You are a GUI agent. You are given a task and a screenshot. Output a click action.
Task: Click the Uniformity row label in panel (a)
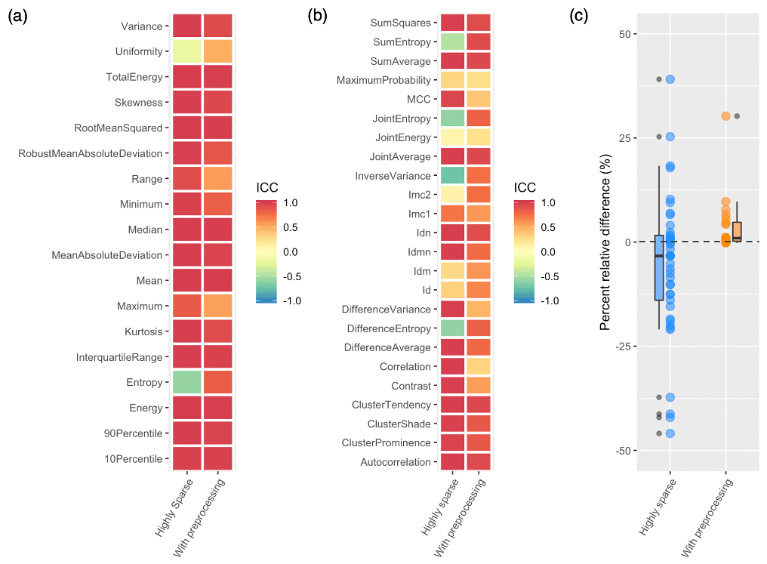139,51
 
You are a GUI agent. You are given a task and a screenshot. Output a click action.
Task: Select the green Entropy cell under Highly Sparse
186,382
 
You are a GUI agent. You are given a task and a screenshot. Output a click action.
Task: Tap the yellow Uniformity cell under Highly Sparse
186,51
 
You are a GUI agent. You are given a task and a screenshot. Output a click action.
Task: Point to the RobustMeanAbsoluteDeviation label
91,153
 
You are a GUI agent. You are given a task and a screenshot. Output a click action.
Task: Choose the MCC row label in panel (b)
418,99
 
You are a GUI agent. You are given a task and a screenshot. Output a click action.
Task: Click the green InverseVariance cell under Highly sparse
452,175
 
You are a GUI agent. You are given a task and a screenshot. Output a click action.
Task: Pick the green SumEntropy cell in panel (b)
452,42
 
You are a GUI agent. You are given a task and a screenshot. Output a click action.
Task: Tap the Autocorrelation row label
395,462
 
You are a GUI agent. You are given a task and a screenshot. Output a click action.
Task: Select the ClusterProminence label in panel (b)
386,442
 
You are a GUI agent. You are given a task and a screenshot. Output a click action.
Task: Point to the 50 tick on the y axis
627,34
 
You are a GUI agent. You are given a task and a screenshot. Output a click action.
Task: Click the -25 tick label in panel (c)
624,346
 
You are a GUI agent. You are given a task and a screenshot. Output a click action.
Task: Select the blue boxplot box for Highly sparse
659,268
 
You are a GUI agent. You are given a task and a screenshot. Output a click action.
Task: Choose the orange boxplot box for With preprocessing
737,232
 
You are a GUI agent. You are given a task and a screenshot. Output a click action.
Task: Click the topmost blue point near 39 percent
670,79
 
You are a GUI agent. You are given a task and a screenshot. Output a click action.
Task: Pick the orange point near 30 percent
725,116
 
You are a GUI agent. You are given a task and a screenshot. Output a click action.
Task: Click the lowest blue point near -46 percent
670,433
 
